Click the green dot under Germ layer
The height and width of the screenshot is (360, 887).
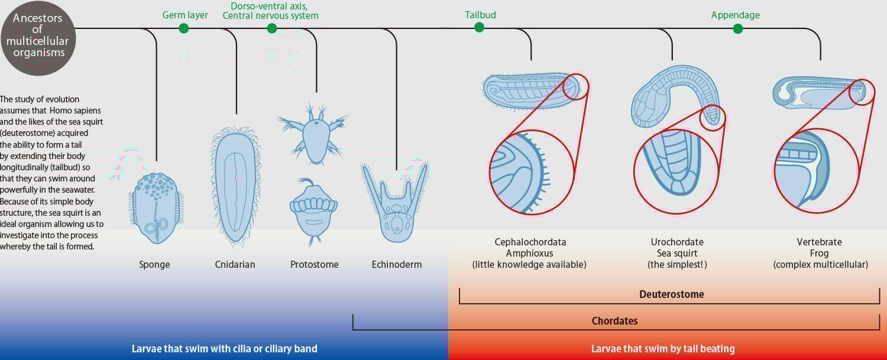[x=184, y=28]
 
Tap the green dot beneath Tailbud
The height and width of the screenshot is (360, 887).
[x=479, y=27]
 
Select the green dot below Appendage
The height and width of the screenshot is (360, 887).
[x=737, y=28]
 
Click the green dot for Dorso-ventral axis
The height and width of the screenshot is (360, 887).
[x=271, y=28]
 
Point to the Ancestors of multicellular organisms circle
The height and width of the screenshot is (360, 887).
[x=38, y=38]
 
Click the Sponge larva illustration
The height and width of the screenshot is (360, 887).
[x=154, y=207]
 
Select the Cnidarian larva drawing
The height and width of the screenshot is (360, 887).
[x=235, y=186]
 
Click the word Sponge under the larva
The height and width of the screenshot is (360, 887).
[x=154, y=264]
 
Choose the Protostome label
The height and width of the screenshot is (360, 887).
[x=315, y=264]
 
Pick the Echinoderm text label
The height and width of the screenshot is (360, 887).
[x=397, y=264]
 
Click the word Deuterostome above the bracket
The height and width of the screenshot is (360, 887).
[x=672, y=294]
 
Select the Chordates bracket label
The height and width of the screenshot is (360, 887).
[x=615, y=321]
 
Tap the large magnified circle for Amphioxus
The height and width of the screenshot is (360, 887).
[x=532, y=172]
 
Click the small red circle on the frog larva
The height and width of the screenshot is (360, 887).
[x=862, y=93]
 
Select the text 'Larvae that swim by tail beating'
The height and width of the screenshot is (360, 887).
[x=663, y=349]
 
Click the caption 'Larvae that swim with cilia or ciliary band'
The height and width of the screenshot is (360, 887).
[x=224, y=349]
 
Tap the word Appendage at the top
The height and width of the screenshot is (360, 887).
[x=735, y=15]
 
